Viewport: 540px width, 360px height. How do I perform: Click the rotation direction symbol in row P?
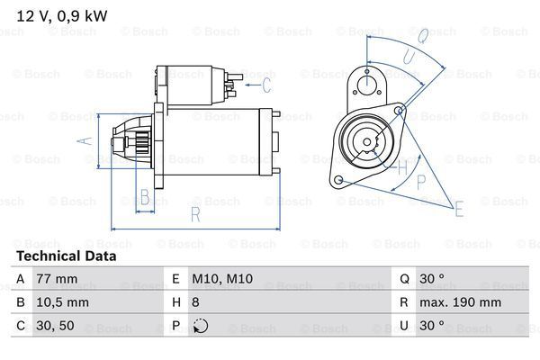[201, 327]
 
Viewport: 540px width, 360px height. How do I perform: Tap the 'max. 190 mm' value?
[463, 303]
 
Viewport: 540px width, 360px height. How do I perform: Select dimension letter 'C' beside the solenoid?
[265, 85]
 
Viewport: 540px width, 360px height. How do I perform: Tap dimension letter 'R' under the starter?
[194, 214]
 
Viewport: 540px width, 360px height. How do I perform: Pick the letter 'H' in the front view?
[402, 166]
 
